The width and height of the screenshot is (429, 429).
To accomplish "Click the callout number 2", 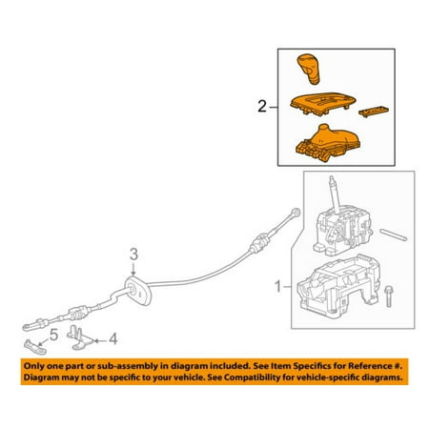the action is point(262,107).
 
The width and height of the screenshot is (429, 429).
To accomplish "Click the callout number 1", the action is point(278,287).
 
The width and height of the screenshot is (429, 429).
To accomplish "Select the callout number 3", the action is point(133,255).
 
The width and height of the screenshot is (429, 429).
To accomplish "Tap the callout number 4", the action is point(113,339).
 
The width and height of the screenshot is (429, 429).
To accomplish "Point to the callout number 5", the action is point(53,336).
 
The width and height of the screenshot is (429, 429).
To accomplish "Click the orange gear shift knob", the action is point(308,69).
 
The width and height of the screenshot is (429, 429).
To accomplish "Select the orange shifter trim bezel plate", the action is point(323,104).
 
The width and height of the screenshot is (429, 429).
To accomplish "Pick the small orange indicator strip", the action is point(374,112).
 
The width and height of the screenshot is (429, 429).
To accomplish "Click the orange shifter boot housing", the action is point(328,143).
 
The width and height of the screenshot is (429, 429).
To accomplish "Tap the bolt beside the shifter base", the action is point(388,296).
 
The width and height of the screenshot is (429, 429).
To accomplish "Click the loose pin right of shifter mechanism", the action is point(393,235).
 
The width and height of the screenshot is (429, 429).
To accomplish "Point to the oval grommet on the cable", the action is point(138,291).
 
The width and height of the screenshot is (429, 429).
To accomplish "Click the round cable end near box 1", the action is point(296,213).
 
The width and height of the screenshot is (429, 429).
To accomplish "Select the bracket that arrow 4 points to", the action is point(80,337).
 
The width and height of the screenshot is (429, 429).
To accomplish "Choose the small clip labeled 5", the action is point(35,347).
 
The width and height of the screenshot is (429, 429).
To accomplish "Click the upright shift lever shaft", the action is point(334,194).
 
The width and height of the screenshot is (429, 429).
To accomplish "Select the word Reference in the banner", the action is point(371,366).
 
